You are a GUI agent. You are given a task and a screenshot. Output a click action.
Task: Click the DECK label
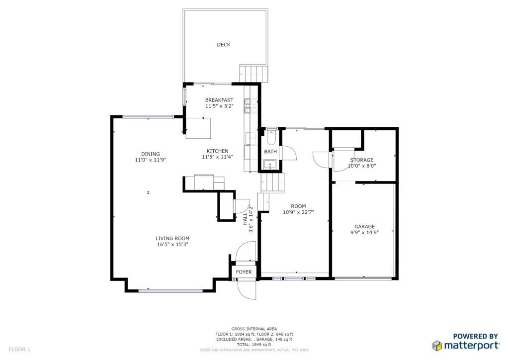click(x=223, y=45)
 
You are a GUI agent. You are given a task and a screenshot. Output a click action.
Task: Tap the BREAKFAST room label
click(x=219, y=100)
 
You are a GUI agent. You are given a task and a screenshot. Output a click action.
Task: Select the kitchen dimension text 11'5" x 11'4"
click(x=218, y=157)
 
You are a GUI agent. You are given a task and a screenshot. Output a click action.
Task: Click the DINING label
click(x=150, y=154)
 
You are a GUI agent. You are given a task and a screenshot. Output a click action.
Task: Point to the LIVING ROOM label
click(x=172, y=238)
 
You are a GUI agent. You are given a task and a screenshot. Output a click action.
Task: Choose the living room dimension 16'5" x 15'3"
click(x=172, y=245)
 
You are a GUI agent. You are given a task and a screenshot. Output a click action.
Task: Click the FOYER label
click(x=244, y=272)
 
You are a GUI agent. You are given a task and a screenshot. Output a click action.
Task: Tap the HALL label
click(x=246, y=219)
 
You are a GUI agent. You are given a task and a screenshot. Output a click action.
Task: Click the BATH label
click(x=270, y=152)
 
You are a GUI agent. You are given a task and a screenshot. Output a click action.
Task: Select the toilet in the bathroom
click(x=271, y=138)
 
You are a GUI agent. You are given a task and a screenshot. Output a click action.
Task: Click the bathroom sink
click(x=270, y=165)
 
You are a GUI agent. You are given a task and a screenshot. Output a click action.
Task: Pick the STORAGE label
click(x=362, y=160)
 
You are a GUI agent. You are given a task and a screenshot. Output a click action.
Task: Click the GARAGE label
click(x=364, y=227)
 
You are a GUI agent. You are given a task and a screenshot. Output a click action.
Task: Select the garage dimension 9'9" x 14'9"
click(x=364, y=232)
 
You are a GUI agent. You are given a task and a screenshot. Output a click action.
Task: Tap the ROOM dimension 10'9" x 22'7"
click(x=298, y=212)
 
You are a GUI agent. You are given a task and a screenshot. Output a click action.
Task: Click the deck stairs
click(x=254, y=74)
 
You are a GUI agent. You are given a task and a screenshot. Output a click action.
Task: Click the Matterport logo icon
click(x=437, y=346)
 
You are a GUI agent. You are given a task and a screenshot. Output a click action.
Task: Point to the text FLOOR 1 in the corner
click(x=19, y=350)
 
